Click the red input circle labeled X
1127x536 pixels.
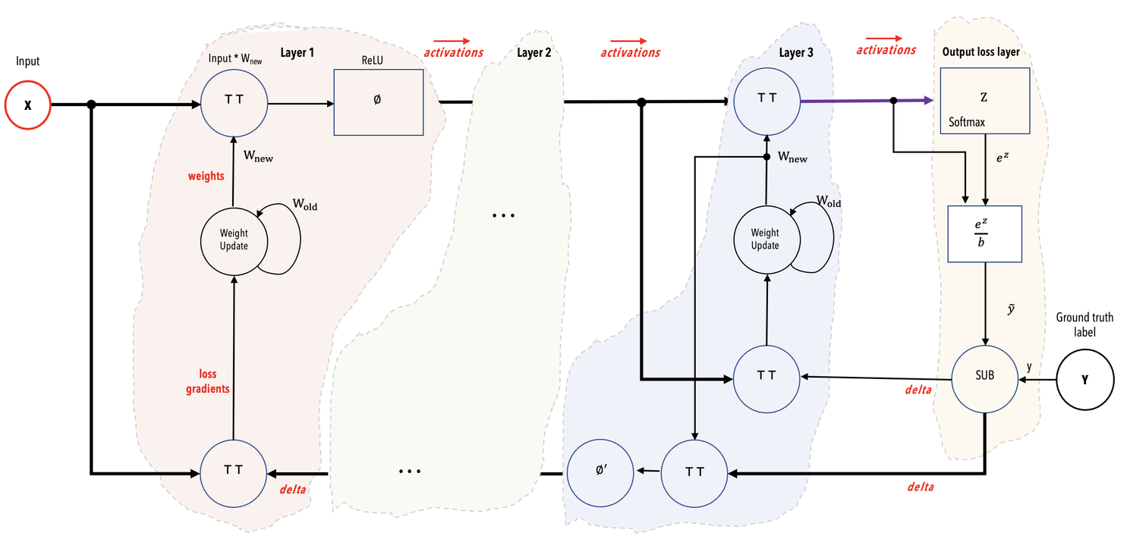coord(28,105)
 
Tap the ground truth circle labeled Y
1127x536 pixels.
coord(1084,380)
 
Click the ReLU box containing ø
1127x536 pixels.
coord(378,102)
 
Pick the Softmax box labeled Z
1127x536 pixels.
coord(984,101)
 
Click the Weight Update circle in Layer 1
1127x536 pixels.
coord(233,239)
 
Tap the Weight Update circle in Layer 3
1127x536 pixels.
coord(765,239)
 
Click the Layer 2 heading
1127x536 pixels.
coord(534,52)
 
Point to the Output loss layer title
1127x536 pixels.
coord(981,52)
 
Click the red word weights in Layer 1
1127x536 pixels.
coord(206,176)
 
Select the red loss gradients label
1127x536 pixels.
coord(213,381)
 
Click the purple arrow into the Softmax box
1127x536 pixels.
coord(865,100)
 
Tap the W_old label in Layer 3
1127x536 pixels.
coord(829,202)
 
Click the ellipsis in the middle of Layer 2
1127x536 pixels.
coord(503,216)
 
